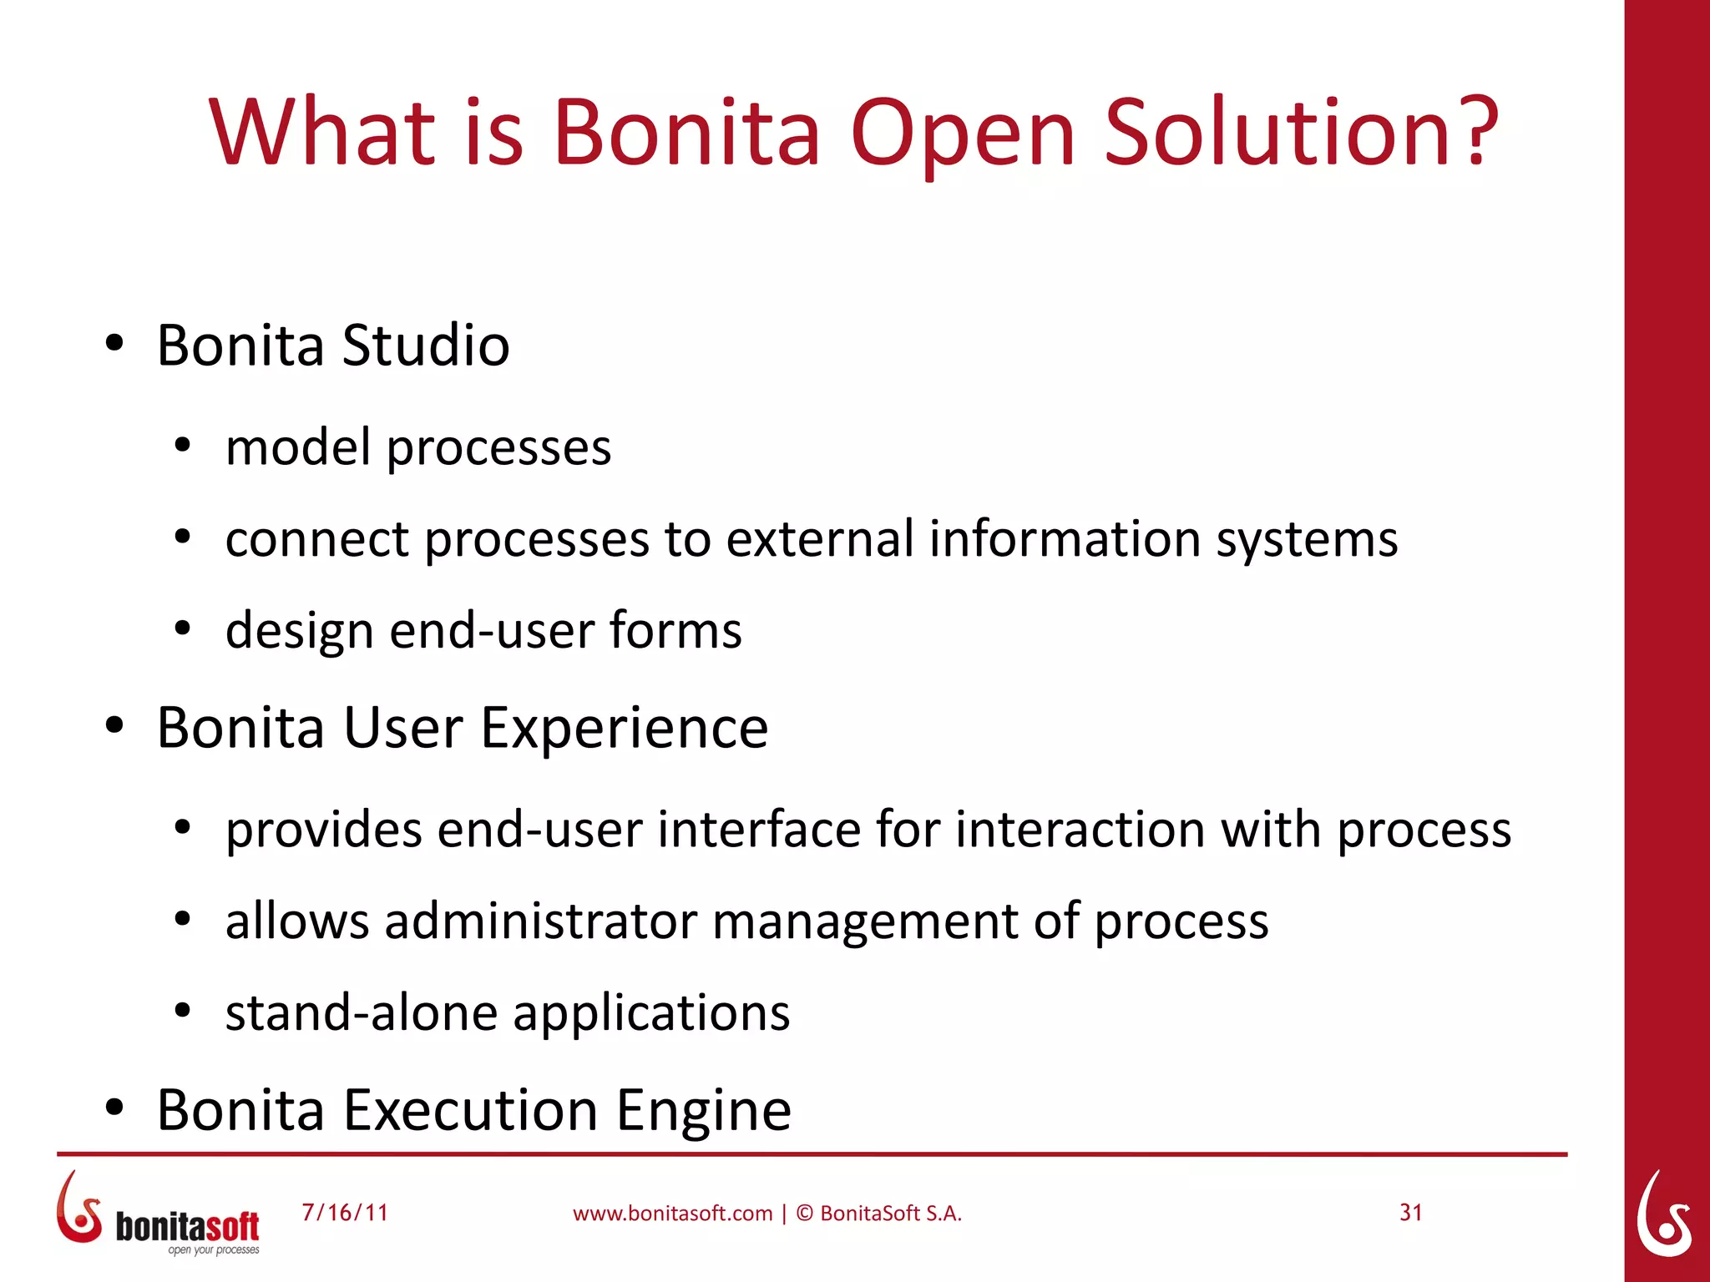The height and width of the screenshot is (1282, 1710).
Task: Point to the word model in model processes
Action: (x=297, y=447)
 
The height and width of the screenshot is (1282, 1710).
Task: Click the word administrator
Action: (x=540, y=921)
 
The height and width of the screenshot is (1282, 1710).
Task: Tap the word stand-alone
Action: (x=362, y=1012)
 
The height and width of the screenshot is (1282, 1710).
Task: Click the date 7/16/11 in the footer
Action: (x=345, y=1213)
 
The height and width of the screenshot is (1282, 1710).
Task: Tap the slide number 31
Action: (x=1410, y=1213)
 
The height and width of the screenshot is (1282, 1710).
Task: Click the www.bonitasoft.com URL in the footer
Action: (x=672, y=1214)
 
